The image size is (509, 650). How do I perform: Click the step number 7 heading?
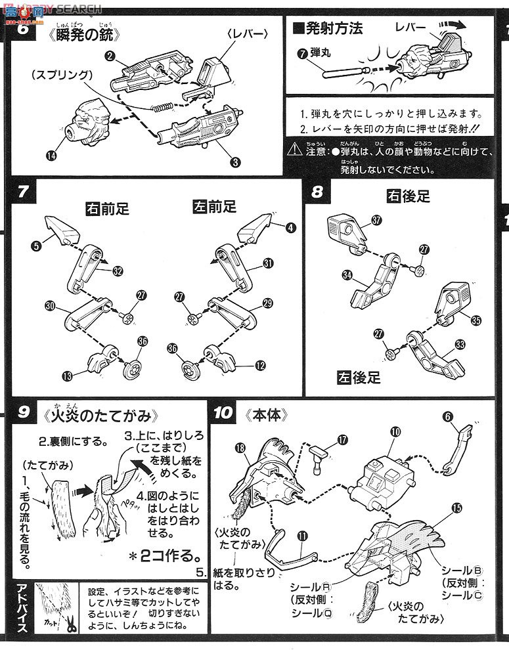click(x=22, y=192)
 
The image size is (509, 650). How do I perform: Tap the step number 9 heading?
click(x=24, y=414)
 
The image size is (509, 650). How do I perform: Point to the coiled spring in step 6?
click(x=161, y=107)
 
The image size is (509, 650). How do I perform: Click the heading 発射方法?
click(x=331, y=30)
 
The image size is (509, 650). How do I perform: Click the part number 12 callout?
click(x=261, y=365)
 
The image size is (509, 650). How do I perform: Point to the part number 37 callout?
click(x=376, y=221)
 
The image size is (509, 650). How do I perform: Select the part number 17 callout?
click(x=342, y=442)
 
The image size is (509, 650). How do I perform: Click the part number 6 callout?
click(x=447, y=416)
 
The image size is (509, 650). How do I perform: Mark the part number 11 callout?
click(x=302, y=536)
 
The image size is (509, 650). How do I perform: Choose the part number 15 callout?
click(x=456, y=507)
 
